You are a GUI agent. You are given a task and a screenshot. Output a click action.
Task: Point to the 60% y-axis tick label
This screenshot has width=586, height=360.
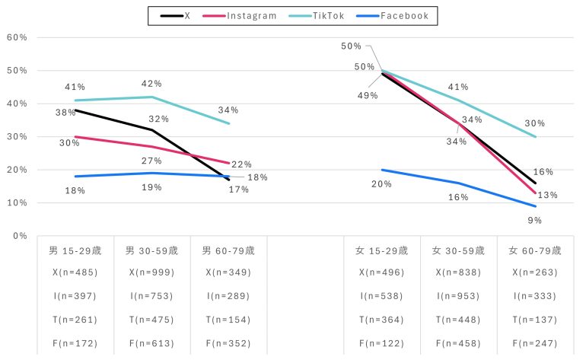click(17, 37)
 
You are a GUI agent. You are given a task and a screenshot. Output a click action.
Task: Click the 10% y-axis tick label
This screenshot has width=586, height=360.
click(17, 203)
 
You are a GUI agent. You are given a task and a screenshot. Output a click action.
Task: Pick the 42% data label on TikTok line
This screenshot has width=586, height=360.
click(151, 84)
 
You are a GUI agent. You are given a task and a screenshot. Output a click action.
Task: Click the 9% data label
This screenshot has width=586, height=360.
click(534, 220)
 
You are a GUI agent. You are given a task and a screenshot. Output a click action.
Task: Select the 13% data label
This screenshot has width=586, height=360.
click(547, 195)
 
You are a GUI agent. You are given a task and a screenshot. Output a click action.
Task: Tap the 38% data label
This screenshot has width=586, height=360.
click(65, 113)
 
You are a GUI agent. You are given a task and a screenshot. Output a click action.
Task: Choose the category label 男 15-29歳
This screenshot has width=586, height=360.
click(75, 250)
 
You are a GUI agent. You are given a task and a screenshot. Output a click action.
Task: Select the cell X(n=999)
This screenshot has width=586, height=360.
click(151, 272)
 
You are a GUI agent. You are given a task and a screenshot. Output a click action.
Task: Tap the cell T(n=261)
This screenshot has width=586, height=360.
click(75, 320)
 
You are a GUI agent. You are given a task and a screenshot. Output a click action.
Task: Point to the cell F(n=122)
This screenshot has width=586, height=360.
click(382, 343)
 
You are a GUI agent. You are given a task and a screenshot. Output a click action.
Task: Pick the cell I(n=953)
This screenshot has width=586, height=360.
click(458, 296)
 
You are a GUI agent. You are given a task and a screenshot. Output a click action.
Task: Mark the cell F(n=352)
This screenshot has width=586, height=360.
click(228, 343)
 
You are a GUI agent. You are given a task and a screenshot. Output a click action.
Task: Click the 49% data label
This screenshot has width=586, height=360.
click(368, 95)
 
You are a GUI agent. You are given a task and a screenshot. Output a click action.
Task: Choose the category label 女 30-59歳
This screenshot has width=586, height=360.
click(458, 250)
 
